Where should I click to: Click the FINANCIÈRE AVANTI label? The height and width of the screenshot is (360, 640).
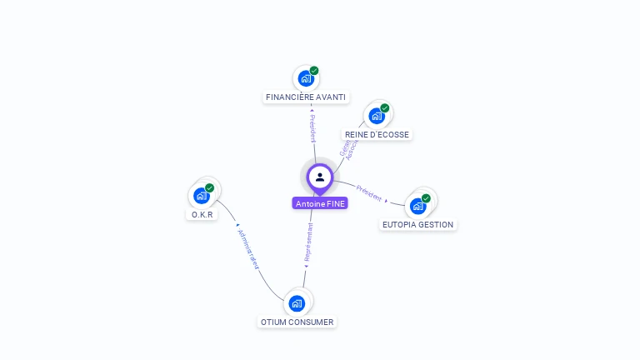pos(305,97)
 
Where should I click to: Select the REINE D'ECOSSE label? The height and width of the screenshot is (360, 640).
pos(377,134)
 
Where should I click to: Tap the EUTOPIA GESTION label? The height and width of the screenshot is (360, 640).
pos(417,224)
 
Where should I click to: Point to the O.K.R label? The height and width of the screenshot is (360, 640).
pos(202,214)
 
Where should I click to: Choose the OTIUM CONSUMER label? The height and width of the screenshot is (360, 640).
pos(297,322)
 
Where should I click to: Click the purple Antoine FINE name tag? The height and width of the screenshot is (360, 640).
pos(320,203)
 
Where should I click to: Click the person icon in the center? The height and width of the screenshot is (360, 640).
pos(320,177)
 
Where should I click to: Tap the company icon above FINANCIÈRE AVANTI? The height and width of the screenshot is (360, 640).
pos(306,78)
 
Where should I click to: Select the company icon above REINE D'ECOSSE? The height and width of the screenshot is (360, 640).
pos(377,116)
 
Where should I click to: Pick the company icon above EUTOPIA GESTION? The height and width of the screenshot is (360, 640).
pos(417,206)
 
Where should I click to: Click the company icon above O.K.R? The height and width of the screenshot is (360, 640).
pos(202,196)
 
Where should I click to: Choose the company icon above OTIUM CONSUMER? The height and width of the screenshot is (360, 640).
pos(297,302)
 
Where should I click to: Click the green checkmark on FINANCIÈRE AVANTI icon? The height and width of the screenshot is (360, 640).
pos(314,71)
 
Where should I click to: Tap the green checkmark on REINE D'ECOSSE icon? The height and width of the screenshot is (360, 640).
pos(385,108)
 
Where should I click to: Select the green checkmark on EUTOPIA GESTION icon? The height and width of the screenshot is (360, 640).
pos(426,198)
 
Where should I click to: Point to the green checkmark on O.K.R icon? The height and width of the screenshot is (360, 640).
pos(210,188)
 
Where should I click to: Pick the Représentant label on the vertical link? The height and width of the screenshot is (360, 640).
pos(309,242)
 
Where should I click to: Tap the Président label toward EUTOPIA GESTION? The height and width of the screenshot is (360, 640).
pos(368,192)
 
